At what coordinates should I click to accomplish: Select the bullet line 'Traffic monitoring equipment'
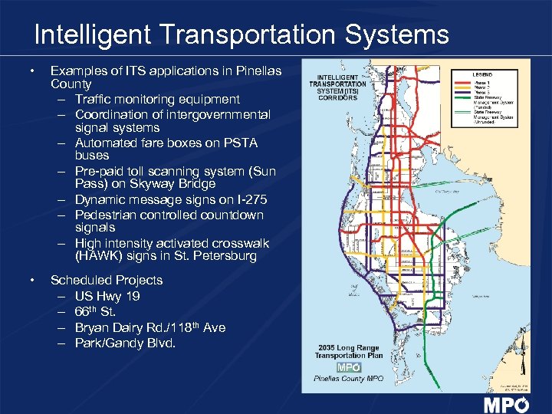click(157, 99)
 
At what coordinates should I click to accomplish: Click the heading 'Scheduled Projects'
click(107, 280)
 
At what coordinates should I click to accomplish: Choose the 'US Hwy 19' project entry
click(107, 296)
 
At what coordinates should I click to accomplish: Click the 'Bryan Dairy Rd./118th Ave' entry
click(150, 327)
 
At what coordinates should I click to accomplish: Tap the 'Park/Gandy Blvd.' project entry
click(125, 343)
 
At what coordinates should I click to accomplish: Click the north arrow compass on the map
click(522, 337)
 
